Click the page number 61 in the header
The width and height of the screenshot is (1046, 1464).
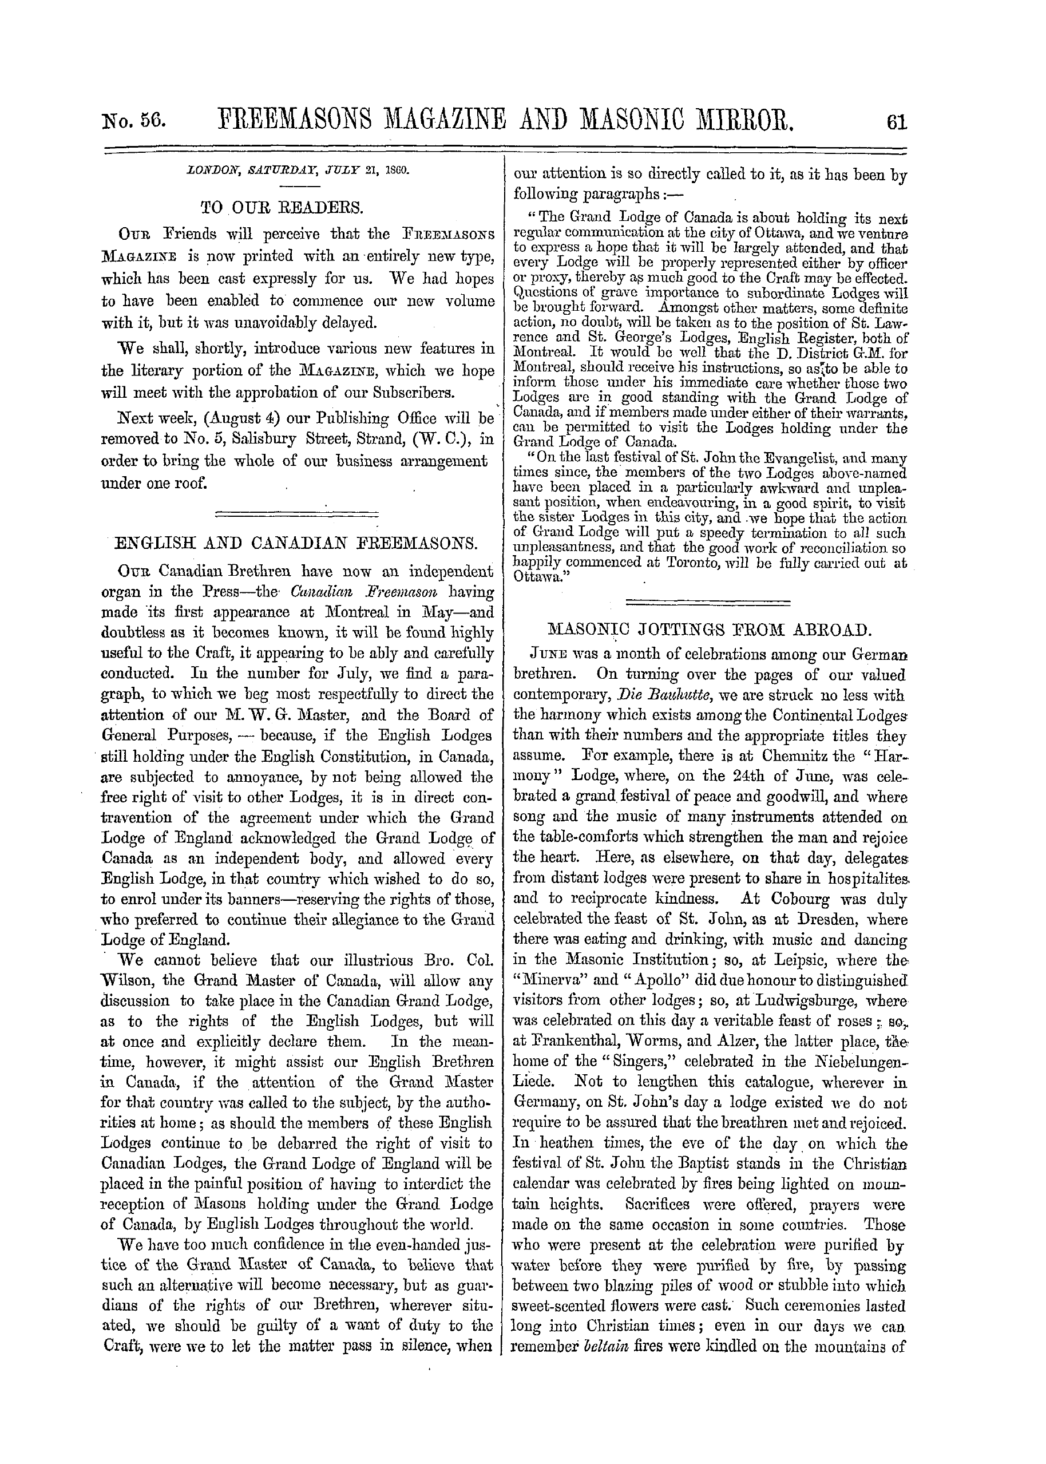point(896,121)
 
